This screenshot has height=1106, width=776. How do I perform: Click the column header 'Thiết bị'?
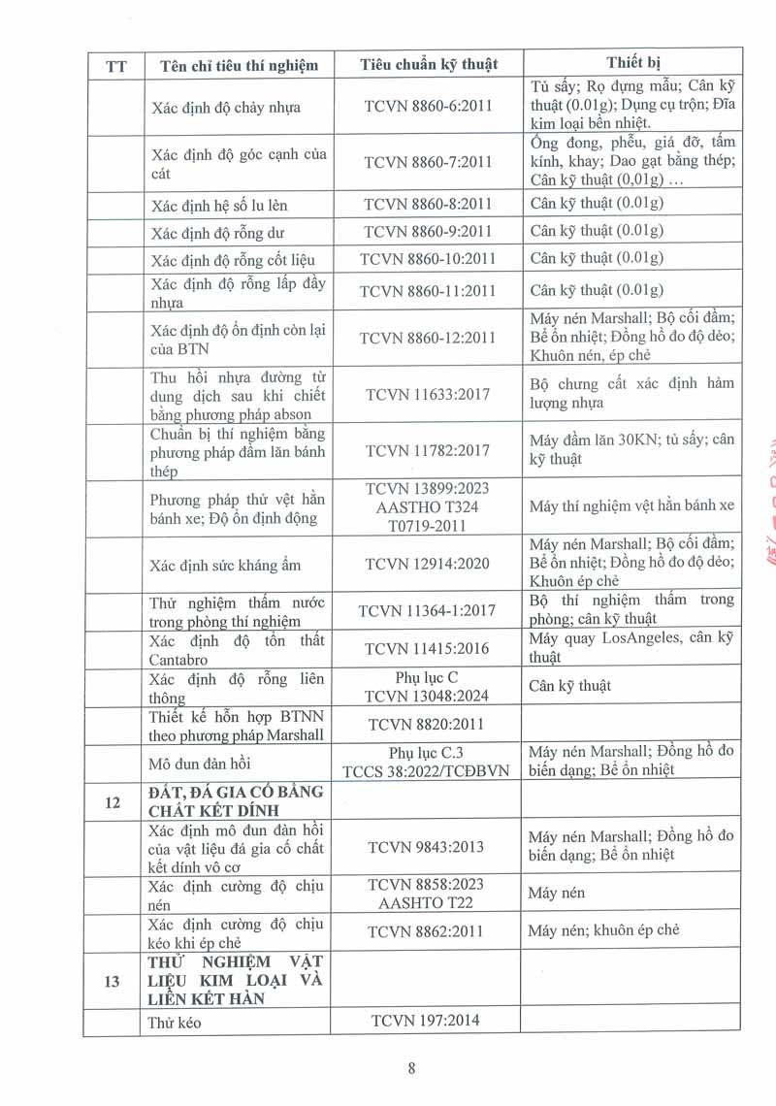[x=632, y=63]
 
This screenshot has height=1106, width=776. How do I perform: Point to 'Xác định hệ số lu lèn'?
[x=219, y=205]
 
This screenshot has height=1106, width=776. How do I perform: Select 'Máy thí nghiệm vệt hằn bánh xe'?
[x=631, y=505]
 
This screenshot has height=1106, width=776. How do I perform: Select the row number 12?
[x=112, y=801]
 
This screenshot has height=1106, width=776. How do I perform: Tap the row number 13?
[x=112, y=981]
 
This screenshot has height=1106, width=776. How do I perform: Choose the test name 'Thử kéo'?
[x=175, y=1022]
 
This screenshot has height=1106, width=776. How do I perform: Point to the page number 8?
[x=411, y=1068]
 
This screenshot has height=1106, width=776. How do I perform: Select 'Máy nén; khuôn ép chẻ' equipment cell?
[x=603, y=930]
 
